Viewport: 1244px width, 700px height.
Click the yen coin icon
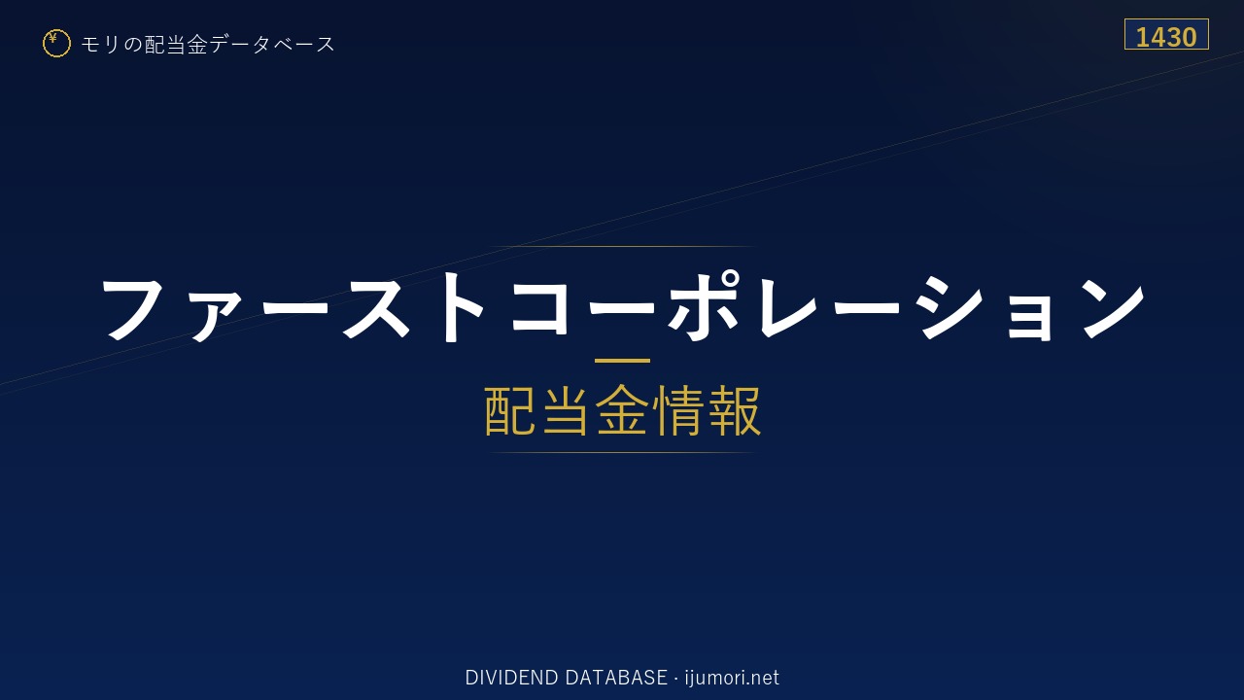point(56,44)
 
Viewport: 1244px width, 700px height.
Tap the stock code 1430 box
point(1166,34)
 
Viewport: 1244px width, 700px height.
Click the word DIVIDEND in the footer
point(511,678)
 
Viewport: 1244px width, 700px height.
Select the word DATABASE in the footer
point(616,678)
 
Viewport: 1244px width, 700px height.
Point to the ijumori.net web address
point(732,678)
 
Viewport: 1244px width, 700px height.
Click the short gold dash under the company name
point(622,361)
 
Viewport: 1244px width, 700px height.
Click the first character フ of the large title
point(133,307)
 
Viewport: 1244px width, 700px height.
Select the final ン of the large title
point(1113,307)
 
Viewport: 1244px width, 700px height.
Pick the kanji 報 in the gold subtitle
point(734,410)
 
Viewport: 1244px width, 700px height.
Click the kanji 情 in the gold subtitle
point(678,410)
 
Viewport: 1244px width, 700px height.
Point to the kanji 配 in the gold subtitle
point(510,410)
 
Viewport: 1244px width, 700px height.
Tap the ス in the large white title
point(376,307)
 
